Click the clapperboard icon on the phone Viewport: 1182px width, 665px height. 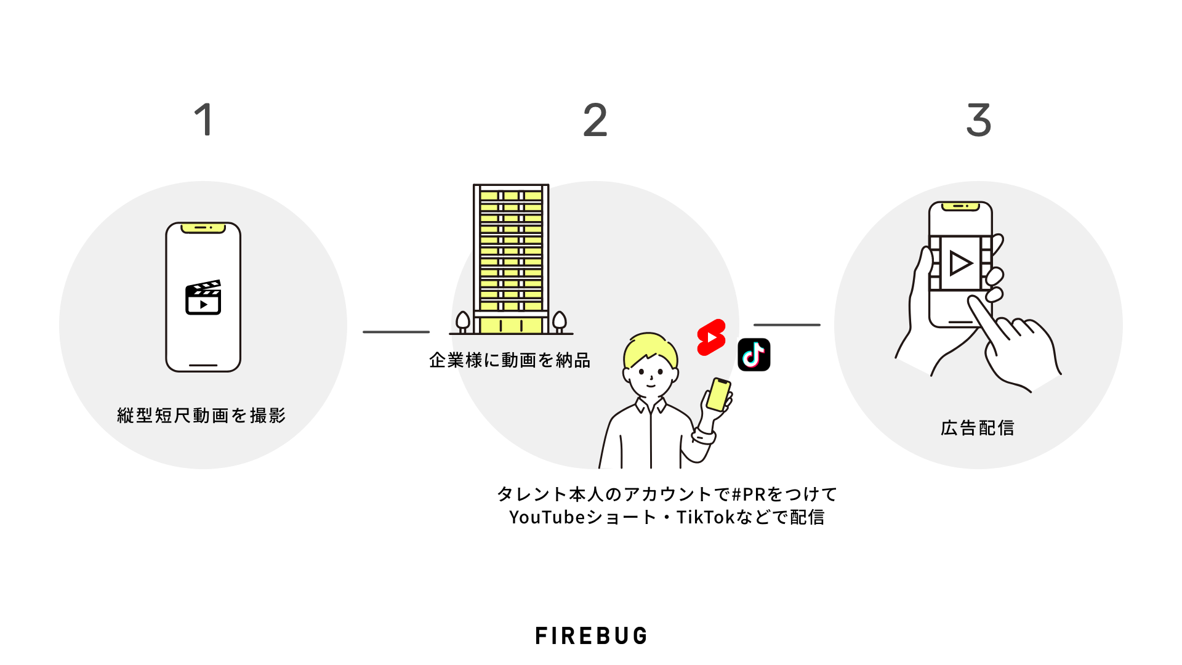[203, 297]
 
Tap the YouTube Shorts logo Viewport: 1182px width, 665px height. [711, 337]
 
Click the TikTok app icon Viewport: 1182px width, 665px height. [754, 355]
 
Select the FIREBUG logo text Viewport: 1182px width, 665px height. [591, 635]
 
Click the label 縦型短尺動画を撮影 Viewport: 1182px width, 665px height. [202, 416]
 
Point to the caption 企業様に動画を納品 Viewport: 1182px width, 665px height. [510, 360]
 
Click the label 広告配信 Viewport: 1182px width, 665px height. [978, 428]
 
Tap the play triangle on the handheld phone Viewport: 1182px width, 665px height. [960, 264]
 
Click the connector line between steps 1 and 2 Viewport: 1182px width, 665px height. [396, 332]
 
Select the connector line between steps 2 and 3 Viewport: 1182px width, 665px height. [787, 324]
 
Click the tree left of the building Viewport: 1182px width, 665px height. [462, 321]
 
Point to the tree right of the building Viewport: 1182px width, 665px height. [559, 321]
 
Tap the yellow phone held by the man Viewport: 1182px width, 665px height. [718, 394]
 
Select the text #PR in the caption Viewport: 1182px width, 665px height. [748, 494]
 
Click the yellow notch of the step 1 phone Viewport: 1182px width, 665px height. [203, 228]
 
